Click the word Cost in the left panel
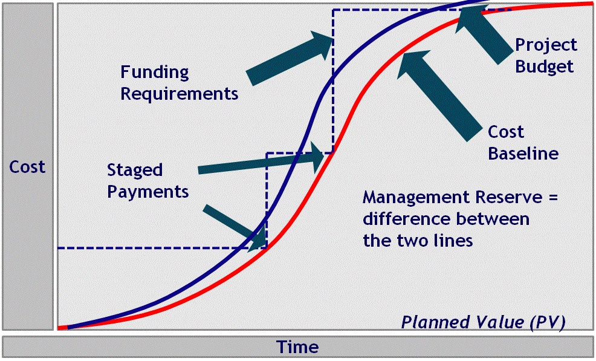coord(27,167)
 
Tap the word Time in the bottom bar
coord(297,347)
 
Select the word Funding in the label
coord(154,73)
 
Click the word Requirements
coord(179,94)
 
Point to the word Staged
coord(135,170)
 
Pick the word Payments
coord(148,192)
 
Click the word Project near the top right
coord(546,45)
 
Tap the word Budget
coord(544,66)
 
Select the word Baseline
coord(523,154)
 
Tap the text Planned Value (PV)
coord(483,322)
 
